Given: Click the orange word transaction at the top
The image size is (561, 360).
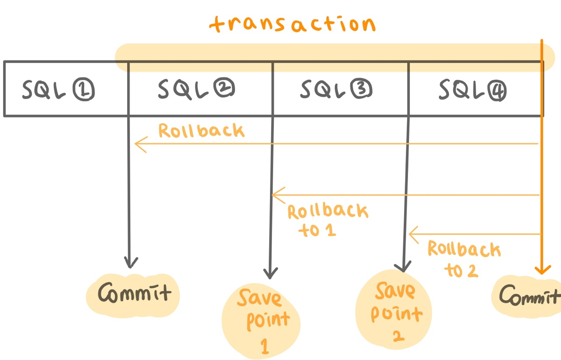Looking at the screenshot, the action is pyautogui.click(x=292, y=25).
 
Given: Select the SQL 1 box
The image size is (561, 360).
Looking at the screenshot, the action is pyautogui.click(x=66, y=89).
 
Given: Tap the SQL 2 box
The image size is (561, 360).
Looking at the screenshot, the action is pyautogui.click(x=200, y=89).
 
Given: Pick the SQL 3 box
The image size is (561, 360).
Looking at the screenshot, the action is pyautogui.click(x=340, y=89).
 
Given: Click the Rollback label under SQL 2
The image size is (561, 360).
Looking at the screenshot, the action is pyautogui.click(x=201, y=131).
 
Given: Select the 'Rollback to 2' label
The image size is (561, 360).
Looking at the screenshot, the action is pyautogui.click(x=463, y=258).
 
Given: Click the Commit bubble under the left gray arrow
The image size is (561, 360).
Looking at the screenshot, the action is pyautogui.click(x=133, y=293).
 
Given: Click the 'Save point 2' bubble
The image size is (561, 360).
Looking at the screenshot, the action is pyautogui.click(x=394, y=309).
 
